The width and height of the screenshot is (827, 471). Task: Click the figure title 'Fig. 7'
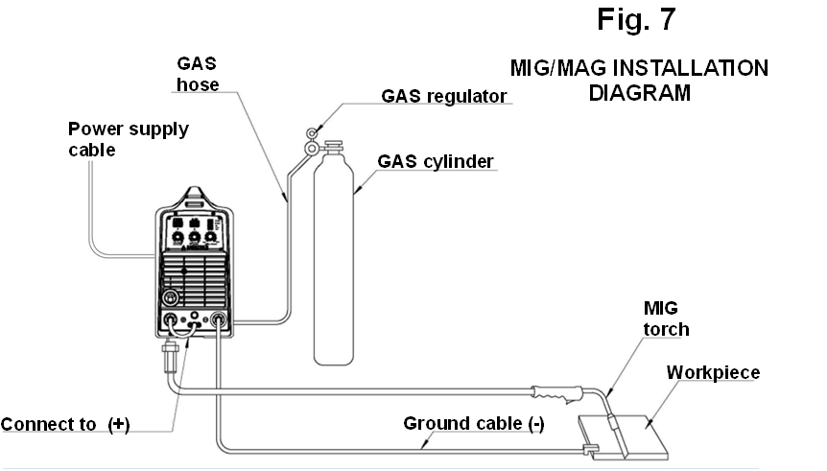pos(636,19)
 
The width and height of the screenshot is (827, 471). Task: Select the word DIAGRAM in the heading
pos(639,93)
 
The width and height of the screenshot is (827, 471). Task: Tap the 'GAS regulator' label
pos(443,97)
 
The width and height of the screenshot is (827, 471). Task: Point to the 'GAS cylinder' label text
pos(436,161)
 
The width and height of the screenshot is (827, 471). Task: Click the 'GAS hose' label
pos(198,74)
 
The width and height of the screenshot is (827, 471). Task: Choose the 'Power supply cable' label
pos(129,139)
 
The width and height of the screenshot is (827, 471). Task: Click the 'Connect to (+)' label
pos(65,424)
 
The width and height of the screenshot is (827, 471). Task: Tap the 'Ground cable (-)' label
pos(474,424)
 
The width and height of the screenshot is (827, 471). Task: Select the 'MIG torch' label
pos(666,318)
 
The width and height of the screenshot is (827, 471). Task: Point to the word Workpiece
pos(713,372)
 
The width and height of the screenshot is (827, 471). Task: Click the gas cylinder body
pos(333,257)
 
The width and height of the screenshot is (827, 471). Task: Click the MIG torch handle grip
pos(557,394)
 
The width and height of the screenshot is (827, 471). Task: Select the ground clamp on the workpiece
pos(591,449)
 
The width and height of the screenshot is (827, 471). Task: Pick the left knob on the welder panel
pos(178,237)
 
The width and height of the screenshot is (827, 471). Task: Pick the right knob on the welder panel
pos(211,237)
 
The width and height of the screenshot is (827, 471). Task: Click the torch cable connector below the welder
pos(170,357)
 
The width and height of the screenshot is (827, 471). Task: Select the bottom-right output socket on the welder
pos(218,318)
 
